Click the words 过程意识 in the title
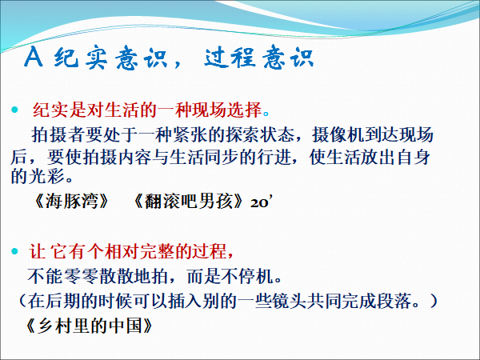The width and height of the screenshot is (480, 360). [x=259, y=57]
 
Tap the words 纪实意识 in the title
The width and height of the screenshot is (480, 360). [x=111, y=58]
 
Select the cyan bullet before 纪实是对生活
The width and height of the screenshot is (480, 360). [x=14, y=110]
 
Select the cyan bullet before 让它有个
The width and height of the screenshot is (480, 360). [x=14, y=252]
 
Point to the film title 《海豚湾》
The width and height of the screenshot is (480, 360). [x=71, y=202]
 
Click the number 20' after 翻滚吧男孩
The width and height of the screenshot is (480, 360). [x=260, y=202]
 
